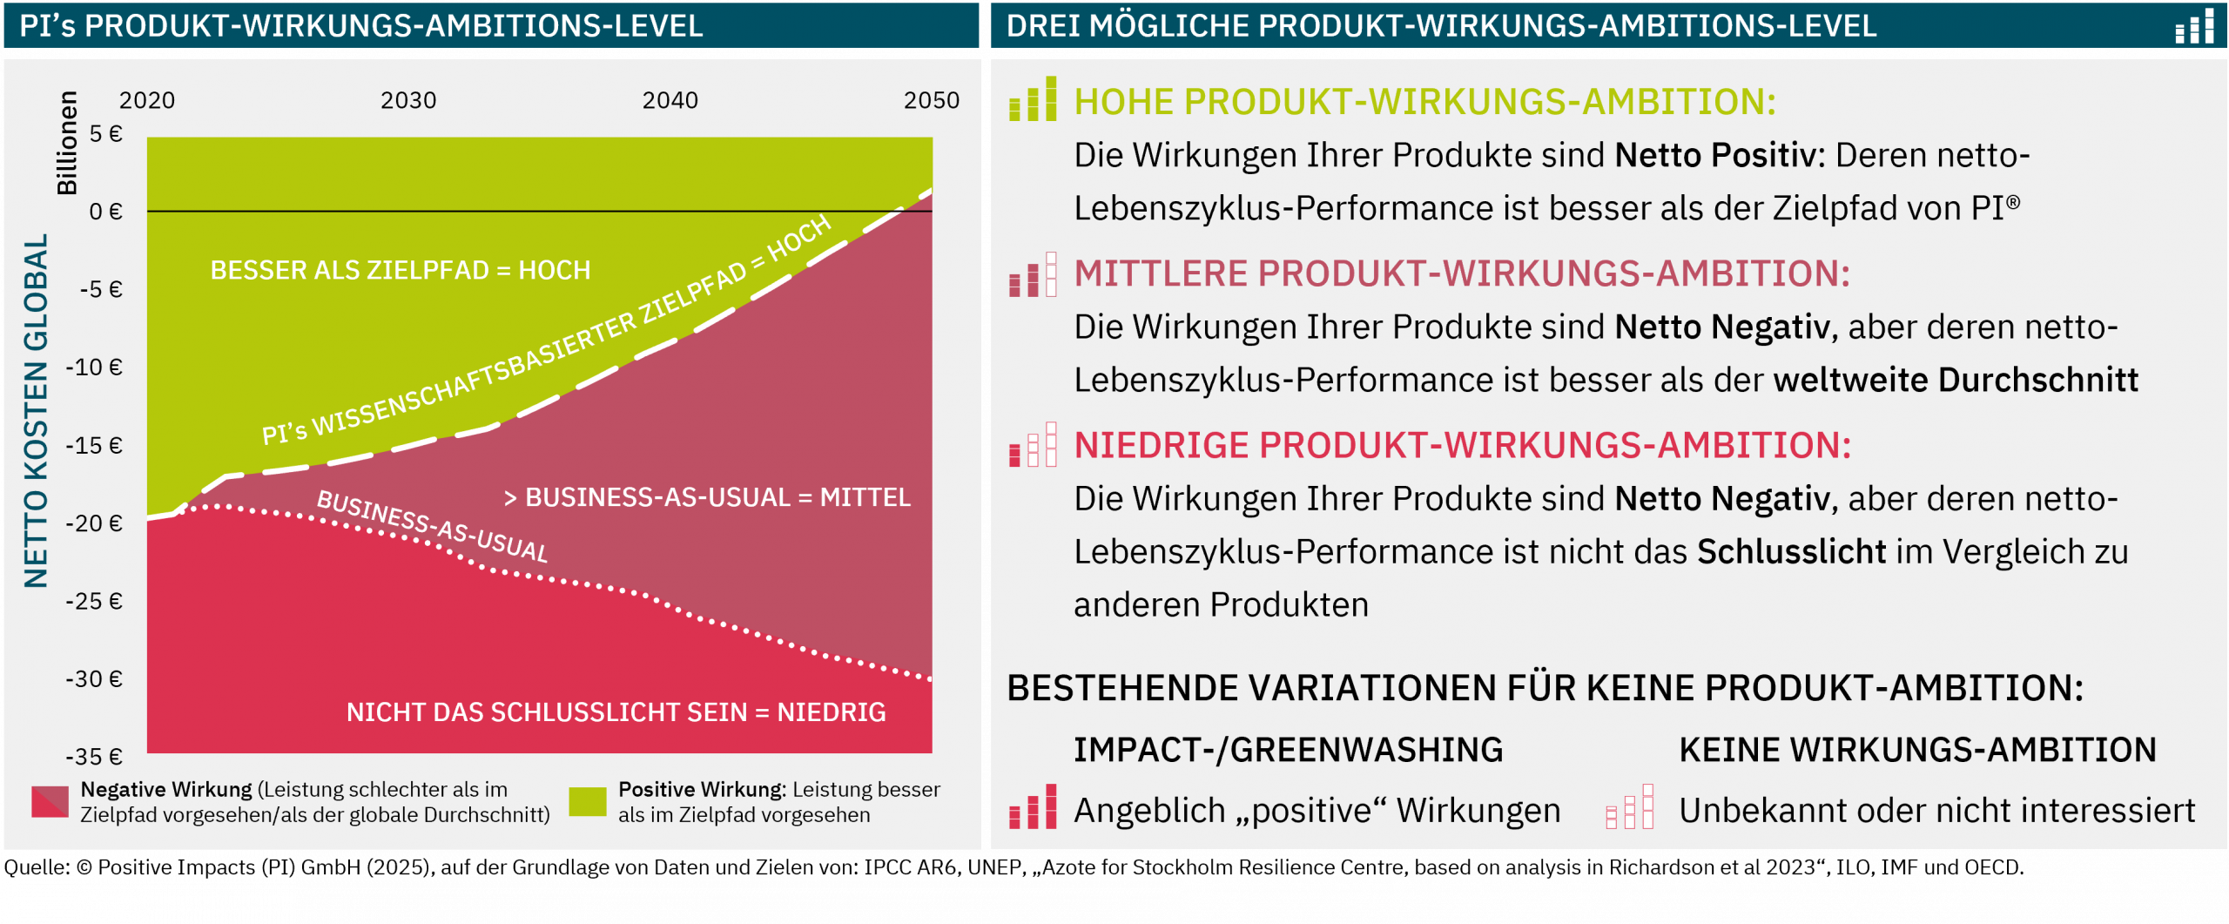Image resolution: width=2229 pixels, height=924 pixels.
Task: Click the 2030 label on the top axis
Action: [408, 100]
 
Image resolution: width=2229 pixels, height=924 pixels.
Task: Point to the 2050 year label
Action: [931, 100]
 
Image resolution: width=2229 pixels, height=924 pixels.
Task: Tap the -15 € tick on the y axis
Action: [94, 445]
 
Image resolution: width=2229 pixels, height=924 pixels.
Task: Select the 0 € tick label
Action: [105, 211]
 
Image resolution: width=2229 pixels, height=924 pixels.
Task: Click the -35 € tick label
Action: [94, 756]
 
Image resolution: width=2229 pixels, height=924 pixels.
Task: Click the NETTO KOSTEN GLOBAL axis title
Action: [36, 410]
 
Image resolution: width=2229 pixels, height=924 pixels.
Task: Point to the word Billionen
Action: [67, 143]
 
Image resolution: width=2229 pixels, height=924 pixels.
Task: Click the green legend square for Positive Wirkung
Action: [587, 801]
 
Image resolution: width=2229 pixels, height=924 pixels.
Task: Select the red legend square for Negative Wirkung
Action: [50, 801]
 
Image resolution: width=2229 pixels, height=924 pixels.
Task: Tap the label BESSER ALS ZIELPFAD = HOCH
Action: [401, 270]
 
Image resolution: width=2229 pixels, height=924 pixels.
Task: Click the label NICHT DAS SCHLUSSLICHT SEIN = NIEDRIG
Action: [616, 712]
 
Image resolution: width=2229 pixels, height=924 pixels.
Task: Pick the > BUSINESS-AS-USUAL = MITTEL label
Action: [707, 496]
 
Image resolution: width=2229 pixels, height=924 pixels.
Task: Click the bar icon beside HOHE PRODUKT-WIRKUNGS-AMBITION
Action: [1033, 98]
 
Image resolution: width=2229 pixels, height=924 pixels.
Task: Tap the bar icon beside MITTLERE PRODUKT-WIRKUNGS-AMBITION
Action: [1033, 274]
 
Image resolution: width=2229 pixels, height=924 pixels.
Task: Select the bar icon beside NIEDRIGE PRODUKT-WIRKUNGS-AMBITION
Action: [1033, 445]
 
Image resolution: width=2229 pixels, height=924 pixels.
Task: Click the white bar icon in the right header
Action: [2194, 26]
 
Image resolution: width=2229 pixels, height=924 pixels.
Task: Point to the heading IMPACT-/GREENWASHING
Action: [1288, 750]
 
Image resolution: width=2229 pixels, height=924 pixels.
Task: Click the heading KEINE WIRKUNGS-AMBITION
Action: [1917, 750]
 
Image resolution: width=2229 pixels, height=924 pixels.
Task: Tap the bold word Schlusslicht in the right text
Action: [1792, 551]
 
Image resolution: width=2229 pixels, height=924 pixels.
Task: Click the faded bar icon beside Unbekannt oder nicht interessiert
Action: [1630, 806]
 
